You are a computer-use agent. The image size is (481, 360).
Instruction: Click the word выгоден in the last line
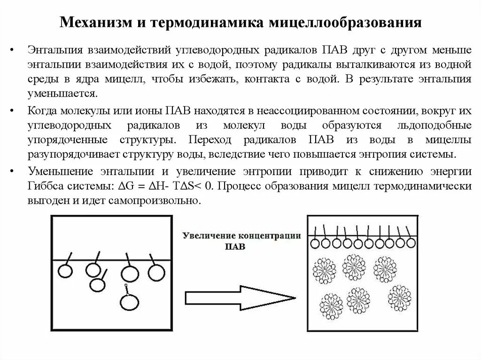coord(46,200)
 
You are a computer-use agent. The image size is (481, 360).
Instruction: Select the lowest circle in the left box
coord(128,302)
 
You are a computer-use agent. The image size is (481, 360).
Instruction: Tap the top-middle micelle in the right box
coord(354,267)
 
